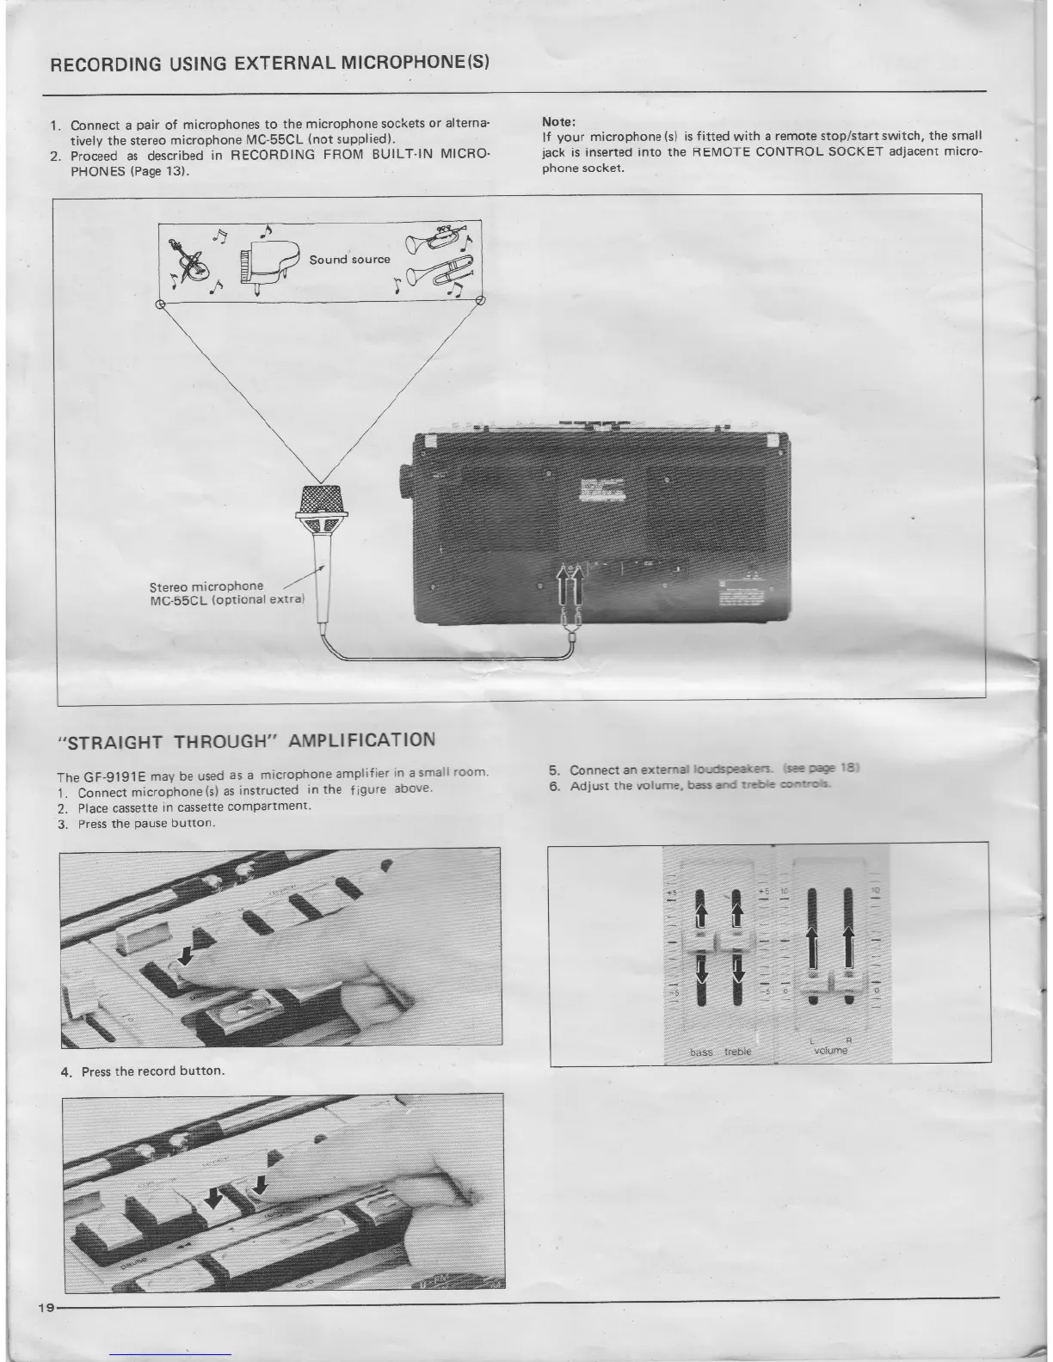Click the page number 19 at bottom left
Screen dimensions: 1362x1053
(46, 1307)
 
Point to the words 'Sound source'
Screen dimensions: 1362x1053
(349, 259)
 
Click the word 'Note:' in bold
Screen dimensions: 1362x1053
(557, 122)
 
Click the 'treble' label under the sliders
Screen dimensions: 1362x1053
(737, 1052)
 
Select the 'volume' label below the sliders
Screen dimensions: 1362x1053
(830, 1051)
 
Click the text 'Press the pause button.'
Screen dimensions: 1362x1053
(145, 823)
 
